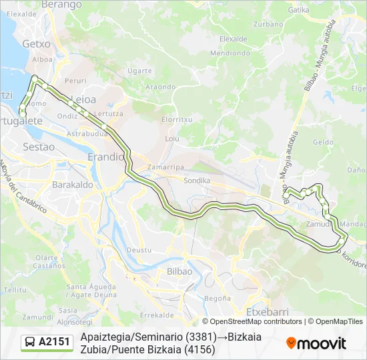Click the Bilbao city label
[179, 271]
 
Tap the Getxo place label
[37, 43]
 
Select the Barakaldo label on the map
[71, 184]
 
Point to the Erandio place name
[106, 157]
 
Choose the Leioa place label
[83, 99]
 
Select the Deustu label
[139, 249]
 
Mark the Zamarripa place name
[165, 167]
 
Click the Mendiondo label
[230, 53]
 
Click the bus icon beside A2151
[29, 343]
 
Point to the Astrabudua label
[87, 133]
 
